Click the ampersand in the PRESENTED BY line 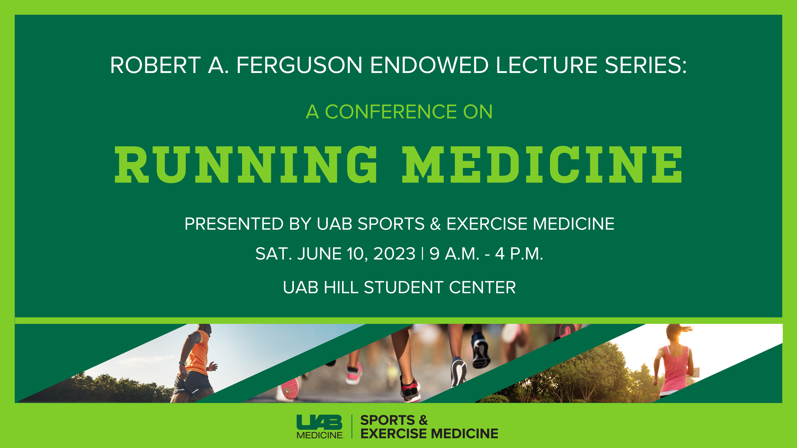tap(435, 224)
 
